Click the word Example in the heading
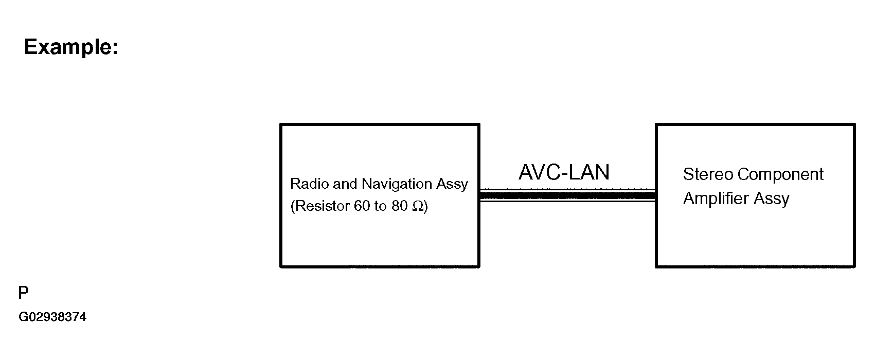(67, 47)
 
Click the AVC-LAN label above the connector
(564, 172)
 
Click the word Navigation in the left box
(396, 184)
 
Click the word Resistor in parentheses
(322, 206)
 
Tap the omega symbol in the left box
(418, 206)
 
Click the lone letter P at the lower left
(23, 293)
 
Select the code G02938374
(52, 317)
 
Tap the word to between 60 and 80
(380, 206)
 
